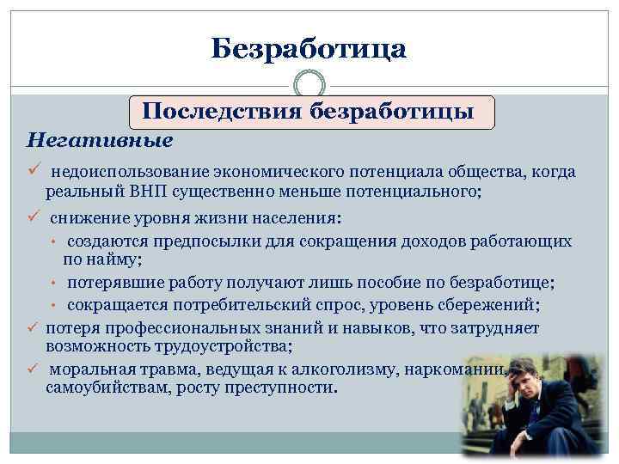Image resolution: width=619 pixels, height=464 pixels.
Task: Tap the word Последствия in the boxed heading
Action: click(x=222, y=112)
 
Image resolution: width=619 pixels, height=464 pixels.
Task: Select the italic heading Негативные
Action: click(x=100, y=138)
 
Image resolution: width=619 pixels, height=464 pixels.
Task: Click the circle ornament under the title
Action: click(x=309, y=84)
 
